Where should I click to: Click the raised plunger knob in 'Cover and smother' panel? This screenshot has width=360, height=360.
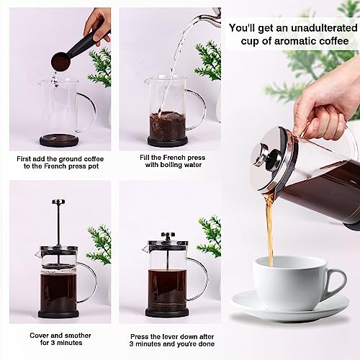(58, 202)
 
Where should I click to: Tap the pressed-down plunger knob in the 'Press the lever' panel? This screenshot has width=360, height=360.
(167, 235)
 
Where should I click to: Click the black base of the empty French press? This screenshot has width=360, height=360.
(59, 140)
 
